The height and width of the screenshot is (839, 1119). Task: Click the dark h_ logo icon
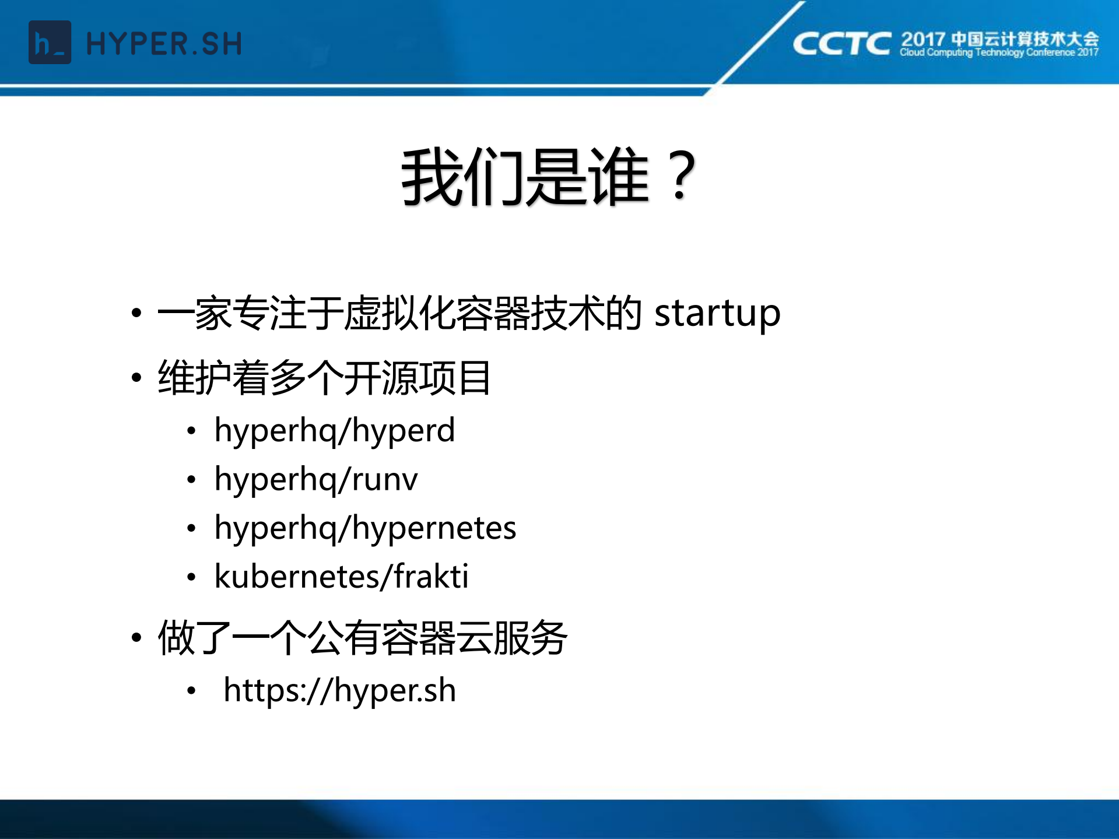50,43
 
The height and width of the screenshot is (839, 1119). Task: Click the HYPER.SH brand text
164,44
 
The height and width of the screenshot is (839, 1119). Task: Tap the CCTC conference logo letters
841,44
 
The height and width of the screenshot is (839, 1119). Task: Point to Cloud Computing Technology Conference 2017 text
999,52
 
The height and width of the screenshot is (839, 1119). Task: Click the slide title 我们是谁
525,177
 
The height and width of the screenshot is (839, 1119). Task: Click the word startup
717,314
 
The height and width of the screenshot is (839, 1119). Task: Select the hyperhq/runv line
315,480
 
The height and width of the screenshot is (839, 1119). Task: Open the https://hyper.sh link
339,691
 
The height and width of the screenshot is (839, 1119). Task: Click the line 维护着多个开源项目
324,378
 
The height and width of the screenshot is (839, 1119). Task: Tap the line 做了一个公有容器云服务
362,638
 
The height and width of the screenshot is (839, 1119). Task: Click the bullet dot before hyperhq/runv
191,480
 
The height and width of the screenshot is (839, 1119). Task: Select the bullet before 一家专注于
136,313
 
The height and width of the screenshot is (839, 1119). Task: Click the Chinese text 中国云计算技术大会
1025,39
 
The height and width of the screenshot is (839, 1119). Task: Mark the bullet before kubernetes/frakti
191,577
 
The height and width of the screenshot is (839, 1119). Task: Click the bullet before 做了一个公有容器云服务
136,637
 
